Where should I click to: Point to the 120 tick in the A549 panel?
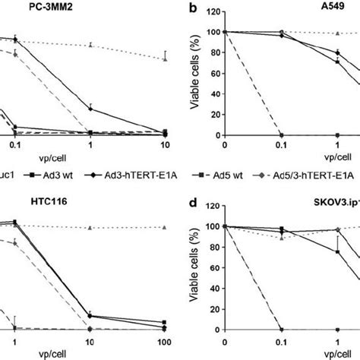(x=214, y=11)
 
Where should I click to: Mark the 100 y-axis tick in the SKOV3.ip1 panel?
(x=214, y=226)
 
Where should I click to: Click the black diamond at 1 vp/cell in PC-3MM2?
(x=90, y=109)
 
